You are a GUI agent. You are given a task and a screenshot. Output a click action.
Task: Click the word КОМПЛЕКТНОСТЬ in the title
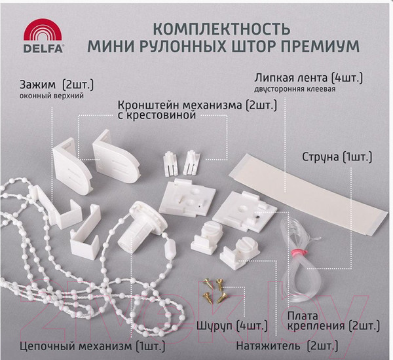(x=219, y=29)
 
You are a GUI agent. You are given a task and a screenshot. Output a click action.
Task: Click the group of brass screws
(x=213, y=288)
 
